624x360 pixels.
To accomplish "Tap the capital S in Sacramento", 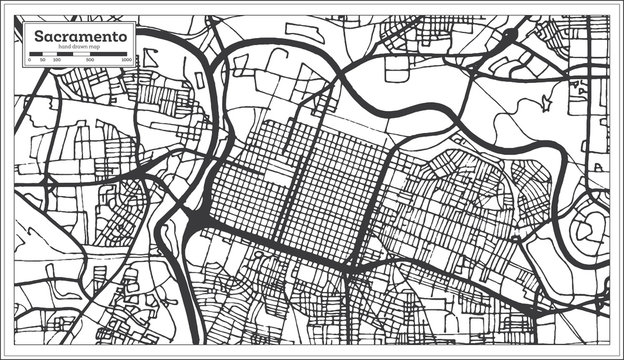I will pos(38,36).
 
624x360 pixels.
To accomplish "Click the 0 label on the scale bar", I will pos(29,60).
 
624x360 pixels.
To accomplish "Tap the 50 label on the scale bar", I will pos(42,60).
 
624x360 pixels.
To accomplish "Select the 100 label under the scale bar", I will pos(56,60).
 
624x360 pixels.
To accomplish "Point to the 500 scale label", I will pos(90,60).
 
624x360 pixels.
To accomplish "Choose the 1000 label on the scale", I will pos(127,60).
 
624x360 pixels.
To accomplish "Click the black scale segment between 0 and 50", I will pos(36,55).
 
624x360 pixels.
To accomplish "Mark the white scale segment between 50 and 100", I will pos(49,55).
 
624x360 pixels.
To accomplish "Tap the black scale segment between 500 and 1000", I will pos(108,55).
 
